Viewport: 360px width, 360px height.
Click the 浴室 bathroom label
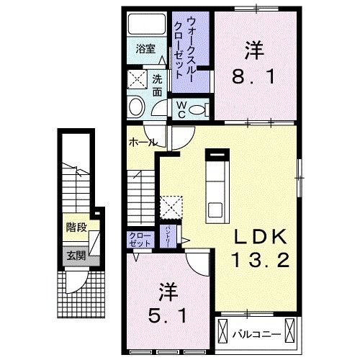tap(146, 50)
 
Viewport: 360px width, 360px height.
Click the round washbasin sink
tap(135, 107)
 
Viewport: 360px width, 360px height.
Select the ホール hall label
tap(141, 143)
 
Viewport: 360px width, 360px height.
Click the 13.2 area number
tap(261, 259)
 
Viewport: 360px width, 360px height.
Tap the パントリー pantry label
tap(167, 235)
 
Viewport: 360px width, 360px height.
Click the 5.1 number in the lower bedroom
tap(166, 315)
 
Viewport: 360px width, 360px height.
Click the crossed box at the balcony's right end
tap(290, 333)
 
